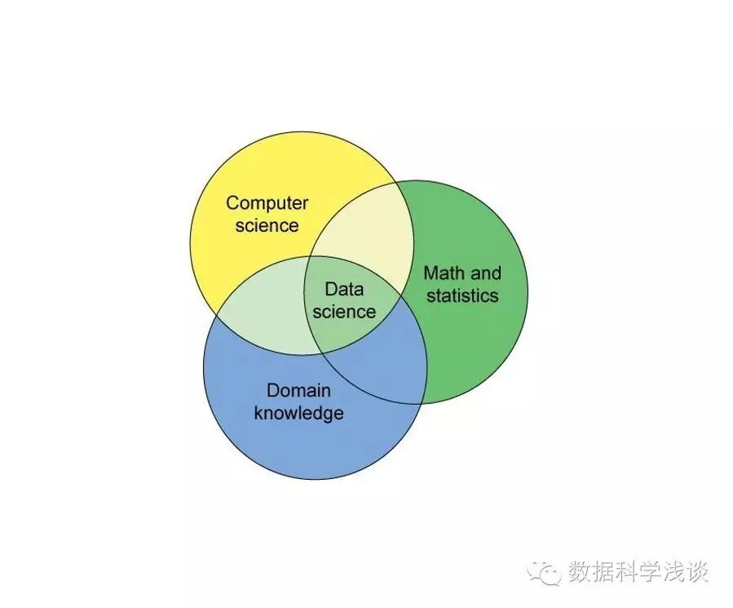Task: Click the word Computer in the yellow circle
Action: [x=267, y=202]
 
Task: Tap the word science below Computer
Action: [x=267, y=225]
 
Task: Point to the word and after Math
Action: [x=486, y=273]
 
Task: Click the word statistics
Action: [x=462, y=295]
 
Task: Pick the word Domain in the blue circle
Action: [x=299, y=390]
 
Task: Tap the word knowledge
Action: [x=299, y=413]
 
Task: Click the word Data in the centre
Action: [x=344, y=289]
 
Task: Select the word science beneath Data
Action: [x=344, y=311]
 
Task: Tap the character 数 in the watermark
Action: [x=581, y=571]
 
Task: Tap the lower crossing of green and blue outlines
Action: [x=423, y=402]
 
